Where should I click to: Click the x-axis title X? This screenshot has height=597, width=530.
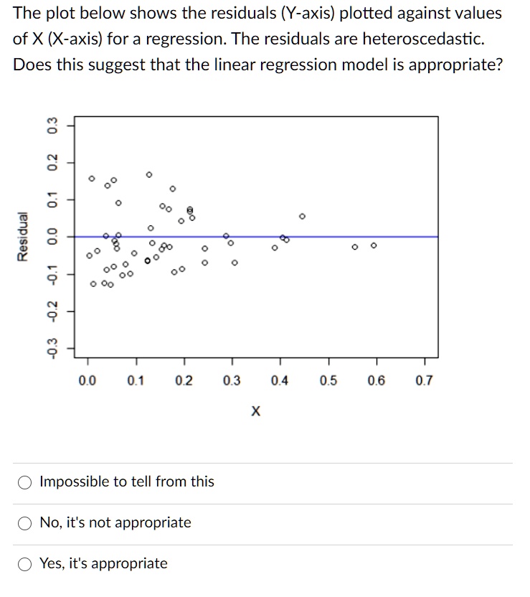[x=256, y=412]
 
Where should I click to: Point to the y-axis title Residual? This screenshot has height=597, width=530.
[x=23, y=237]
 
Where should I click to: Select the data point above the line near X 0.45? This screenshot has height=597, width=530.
[x=302, y=215]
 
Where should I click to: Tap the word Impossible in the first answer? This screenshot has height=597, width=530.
[x=72, y=481]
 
